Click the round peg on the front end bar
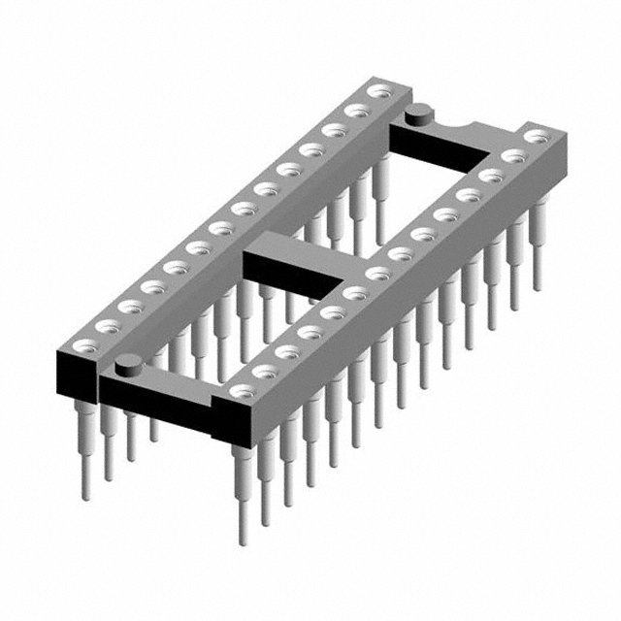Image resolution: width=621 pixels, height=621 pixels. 126,365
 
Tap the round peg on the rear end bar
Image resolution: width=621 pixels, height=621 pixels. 420,114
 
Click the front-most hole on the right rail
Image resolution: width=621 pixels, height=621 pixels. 240,390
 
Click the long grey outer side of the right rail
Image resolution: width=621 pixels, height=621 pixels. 408,291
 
